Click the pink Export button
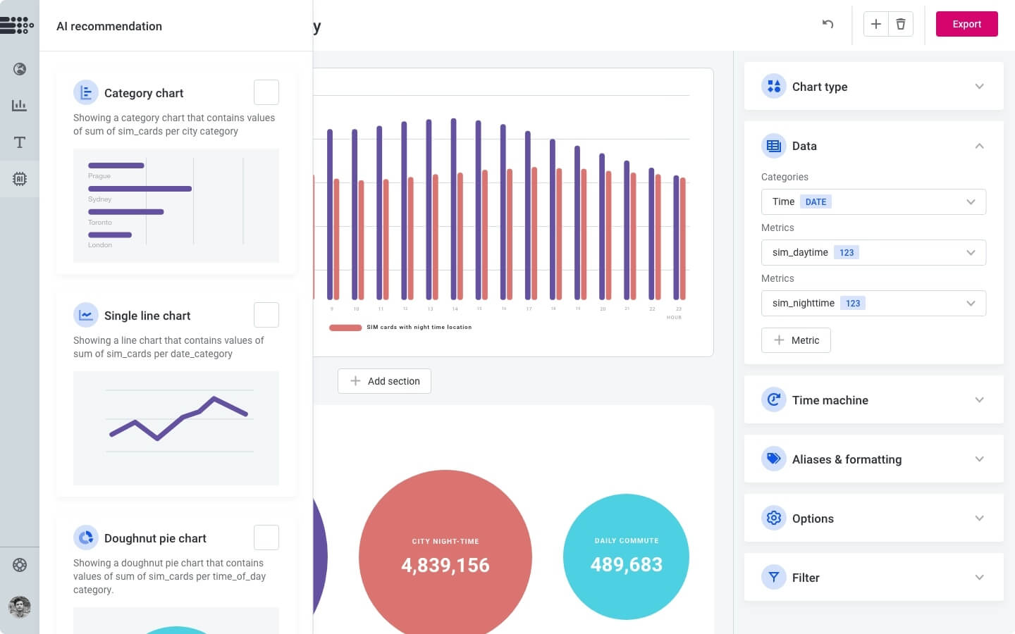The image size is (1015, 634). [x=966, y=24]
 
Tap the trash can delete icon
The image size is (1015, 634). [x=901, y=24]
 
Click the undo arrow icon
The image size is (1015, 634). [x=828, y=24]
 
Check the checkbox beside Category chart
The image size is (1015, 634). [x=266, y=92]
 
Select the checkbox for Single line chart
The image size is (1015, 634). [x=266, y=315]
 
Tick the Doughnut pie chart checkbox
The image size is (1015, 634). [x=266, y=537]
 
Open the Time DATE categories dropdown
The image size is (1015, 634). [x=873, y=202]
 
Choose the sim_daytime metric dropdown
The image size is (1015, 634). [x=873, y=253]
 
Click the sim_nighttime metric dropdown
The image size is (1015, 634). [x=873, y=304]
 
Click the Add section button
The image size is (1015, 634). [x=384, y=381]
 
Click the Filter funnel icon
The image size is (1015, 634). [x=774, y=578]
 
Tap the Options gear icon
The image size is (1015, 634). [x=774, y=518]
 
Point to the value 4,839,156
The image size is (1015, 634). [x=445, y=565]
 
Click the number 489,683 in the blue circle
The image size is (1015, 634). [x=627, y=564]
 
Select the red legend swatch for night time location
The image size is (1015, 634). [x=345, y=328]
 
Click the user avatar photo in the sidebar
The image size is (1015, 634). [x=20, y=607]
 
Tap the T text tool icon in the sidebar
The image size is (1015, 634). [x=20, y=142]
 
